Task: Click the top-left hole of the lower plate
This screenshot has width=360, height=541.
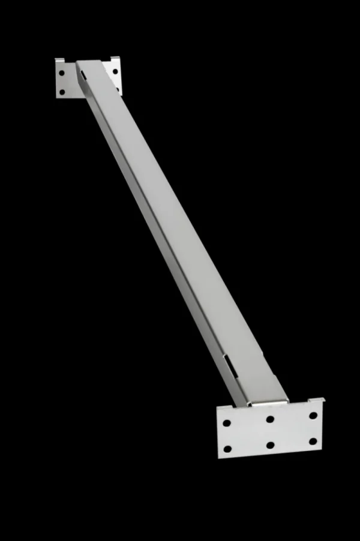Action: [x=227, y=423]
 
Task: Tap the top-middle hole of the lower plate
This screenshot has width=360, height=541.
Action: [x=270, y=419]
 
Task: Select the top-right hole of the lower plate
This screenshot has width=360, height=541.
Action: [x=313, y=415]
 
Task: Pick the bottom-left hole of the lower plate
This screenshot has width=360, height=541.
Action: [x=227, y=449]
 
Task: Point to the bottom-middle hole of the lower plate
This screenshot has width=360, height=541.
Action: [x=270, y=445]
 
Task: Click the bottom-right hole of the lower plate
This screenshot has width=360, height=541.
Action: [x=312, y=441]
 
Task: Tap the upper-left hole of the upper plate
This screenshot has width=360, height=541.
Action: [x=62, y=73]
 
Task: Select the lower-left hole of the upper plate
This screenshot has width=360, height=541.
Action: [x=62, y=91]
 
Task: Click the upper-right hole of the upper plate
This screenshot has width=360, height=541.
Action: [x=115, y=71]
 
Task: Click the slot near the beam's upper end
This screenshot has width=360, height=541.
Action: [x=83, y=73]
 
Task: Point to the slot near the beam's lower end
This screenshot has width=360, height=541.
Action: [x=229, y=363]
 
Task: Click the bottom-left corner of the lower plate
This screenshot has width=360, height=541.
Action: [x=218, y=458]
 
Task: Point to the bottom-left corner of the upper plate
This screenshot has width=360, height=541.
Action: [x=56, y=96]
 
